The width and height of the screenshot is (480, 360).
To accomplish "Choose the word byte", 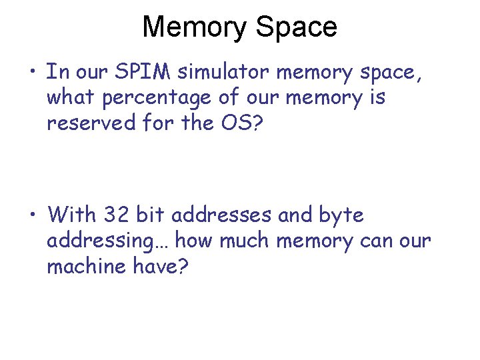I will pos(341,215).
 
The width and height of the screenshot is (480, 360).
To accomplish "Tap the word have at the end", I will pos(165,266).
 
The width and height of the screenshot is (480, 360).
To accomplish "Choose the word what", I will pos(71,97).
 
